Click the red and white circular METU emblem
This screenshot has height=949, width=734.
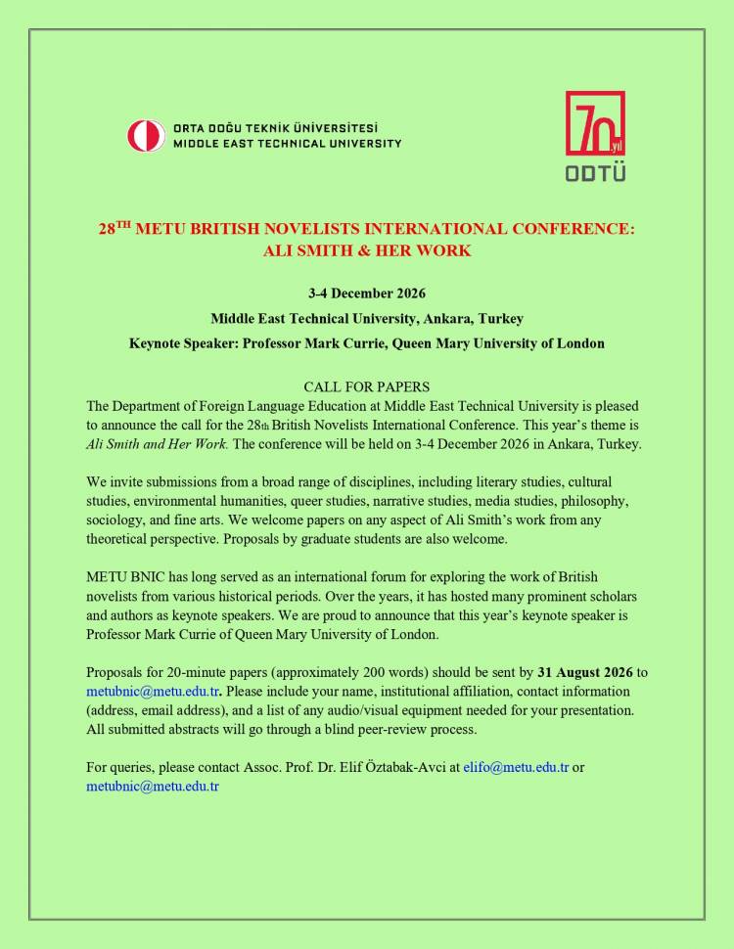[146, 135]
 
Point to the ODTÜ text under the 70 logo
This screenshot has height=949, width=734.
[595, 173]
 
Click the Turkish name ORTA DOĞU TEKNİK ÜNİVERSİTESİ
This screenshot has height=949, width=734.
[275, 128]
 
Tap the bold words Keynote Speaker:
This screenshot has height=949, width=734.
[184, 343]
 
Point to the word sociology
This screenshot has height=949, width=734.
[118, 519]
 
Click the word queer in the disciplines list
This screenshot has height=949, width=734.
[289, 500]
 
